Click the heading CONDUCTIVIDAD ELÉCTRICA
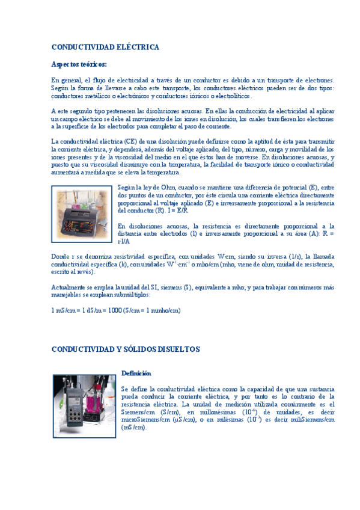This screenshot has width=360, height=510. click(105, 47)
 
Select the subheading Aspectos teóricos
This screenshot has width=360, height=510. click(79, 64)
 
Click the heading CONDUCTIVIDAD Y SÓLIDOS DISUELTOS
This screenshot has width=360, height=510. click(126, 349)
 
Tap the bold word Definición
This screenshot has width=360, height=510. click(136, 373)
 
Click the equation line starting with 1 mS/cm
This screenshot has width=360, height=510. click(116, 310)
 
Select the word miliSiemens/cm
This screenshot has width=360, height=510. click(313, 420)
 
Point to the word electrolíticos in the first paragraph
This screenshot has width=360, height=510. click(232, 96)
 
